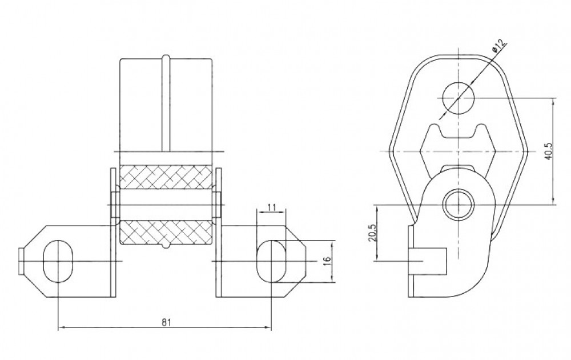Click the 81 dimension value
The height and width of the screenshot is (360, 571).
[x=166, y=322]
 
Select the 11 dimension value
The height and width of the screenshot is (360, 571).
[x=271, y=207]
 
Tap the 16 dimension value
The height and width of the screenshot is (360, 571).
[x=327, y=261]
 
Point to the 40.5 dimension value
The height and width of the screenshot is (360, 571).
[x=549, y=150]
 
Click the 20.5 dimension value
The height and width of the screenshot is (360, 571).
[x=372, y=233]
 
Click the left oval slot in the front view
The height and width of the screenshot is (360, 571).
[x=58, y=261]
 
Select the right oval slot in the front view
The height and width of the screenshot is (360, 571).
[x=271, y=261]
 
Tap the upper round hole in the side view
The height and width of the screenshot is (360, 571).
[x=459, y=98]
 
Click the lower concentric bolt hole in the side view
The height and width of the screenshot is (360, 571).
[x=459, y=204]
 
